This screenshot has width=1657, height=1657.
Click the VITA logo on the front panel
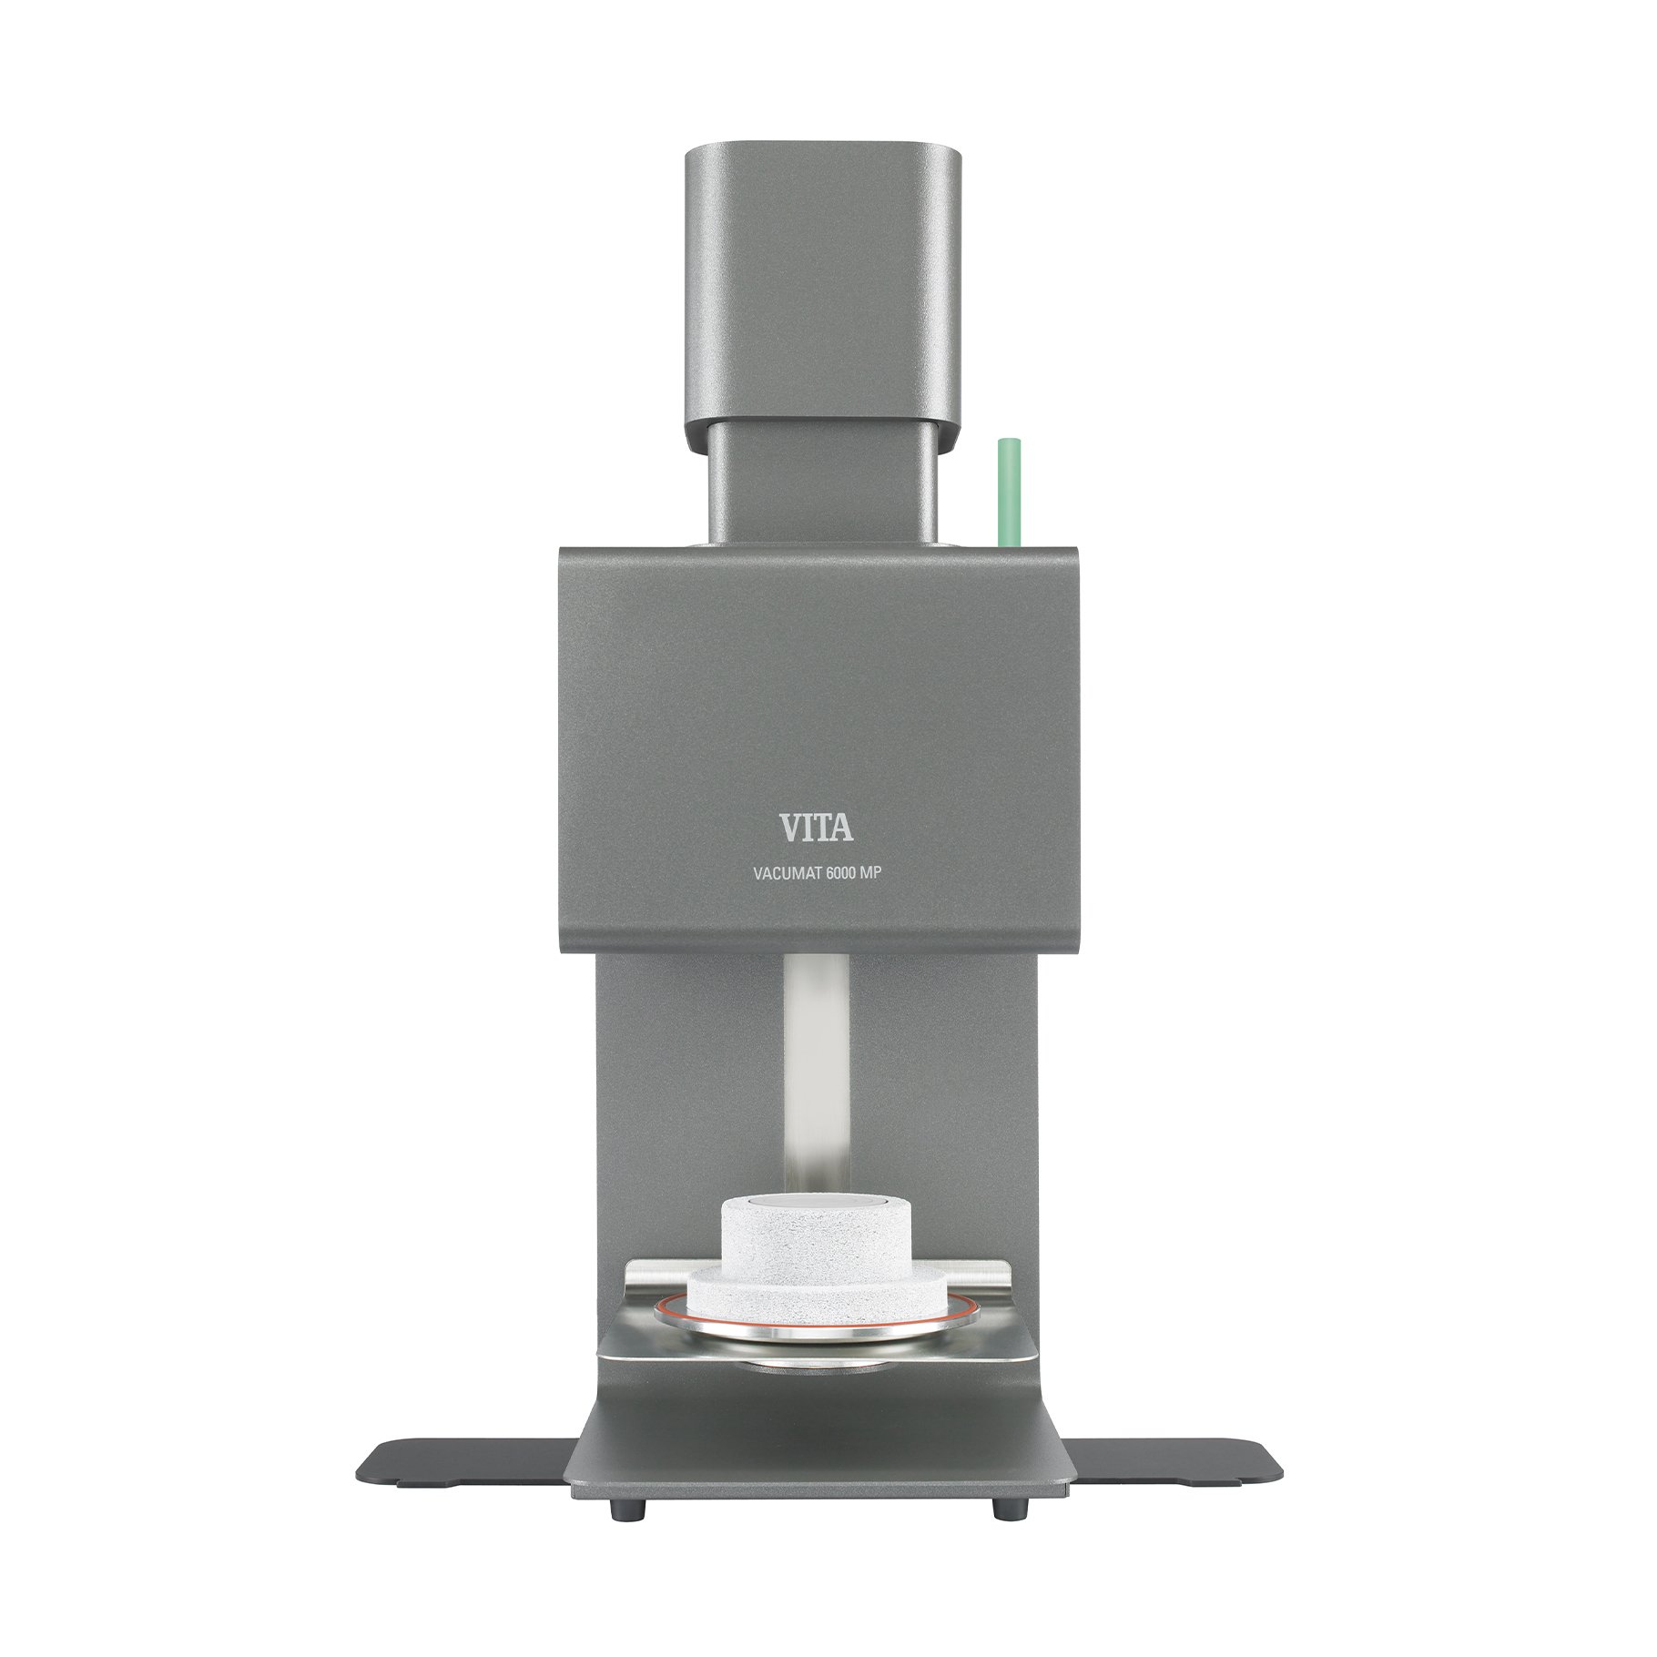click(x=816, y=827)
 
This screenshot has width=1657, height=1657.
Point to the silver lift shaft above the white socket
click(x=817, y=1074)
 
